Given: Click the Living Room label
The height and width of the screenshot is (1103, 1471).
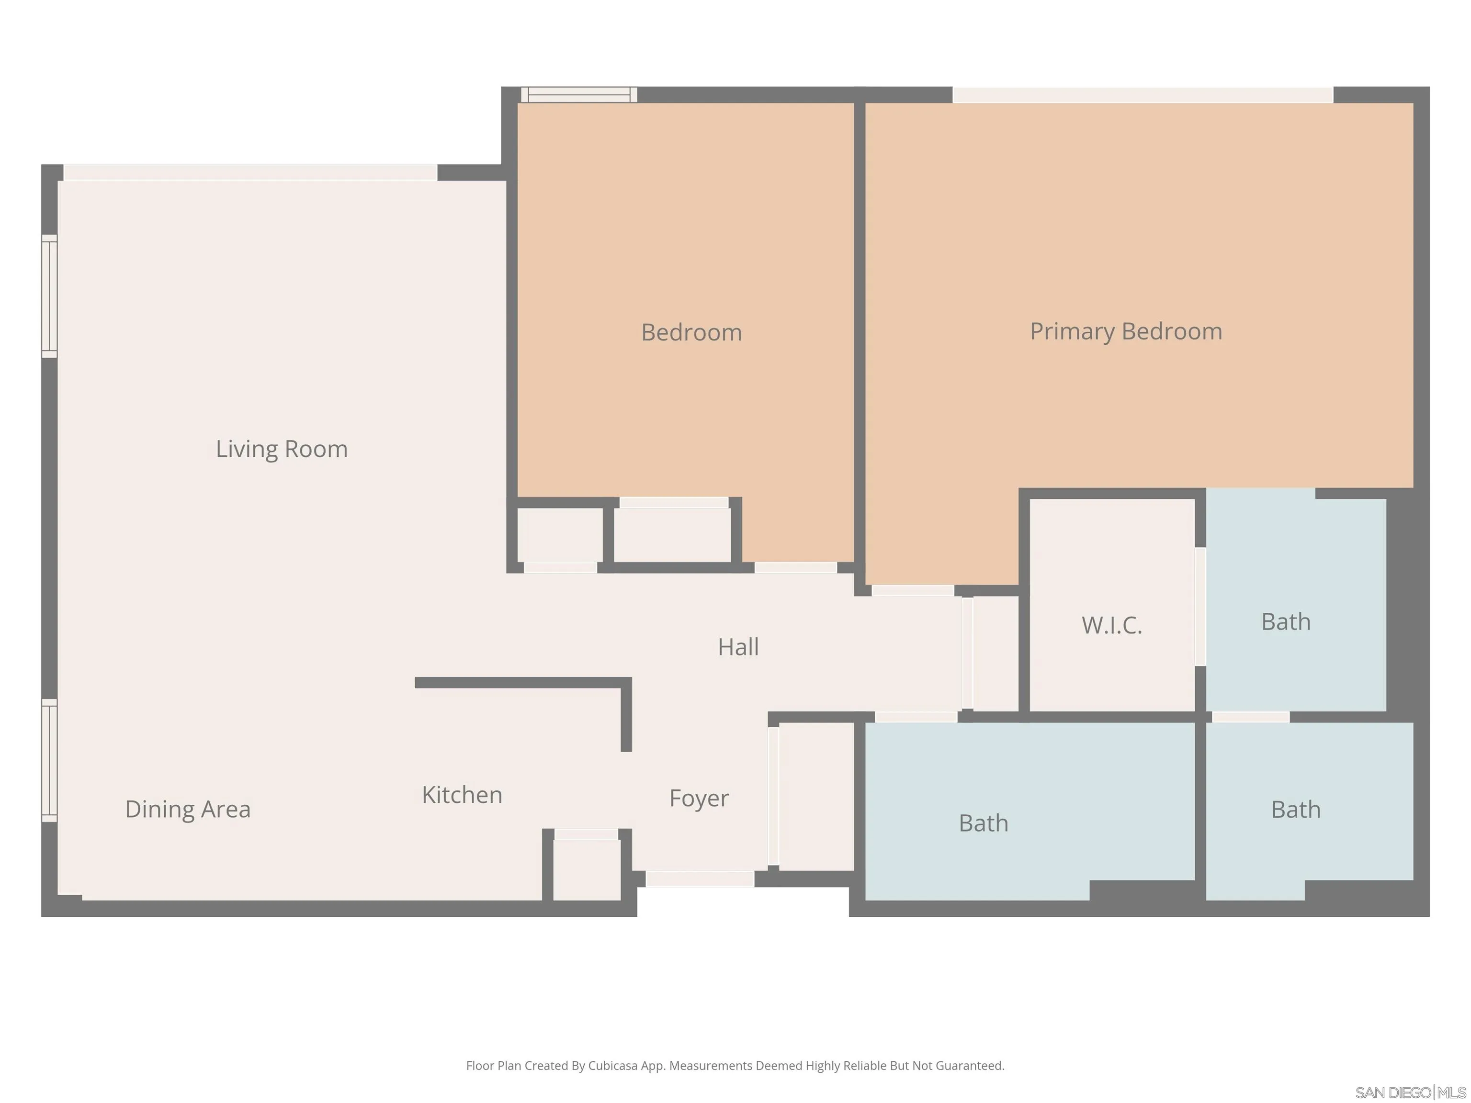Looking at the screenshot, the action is [x=281, y=450].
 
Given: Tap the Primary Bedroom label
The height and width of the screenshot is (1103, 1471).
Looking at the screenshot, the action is [x=1126, y=332].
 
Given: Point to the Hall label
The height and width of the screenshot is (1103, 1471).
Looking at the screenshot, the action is [x=738, y=647].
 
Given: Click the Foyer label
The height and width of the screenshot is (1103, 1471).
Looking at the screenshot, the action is [x=699, y=799].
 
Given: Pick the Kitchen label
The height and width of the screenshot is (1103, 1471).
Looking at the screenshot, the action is [x=462, y=795].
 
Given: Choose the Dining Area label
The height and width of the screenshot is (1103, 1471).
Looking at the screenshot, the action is [x=188, y=809].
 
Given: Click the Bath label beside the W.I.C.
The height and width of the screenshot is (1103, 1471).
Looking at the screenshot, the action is [x=1286, y=622].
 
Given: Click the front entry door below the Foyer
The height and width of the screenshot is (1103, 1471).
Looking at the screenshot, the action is [x=700, y=879].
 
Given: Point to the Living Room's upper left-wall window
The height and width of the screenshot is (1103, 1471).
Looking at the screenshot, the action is [x=50, y=296].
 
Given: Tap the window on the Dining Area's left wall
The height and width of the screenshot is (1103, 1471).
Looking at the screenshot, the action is [x=50, y=760].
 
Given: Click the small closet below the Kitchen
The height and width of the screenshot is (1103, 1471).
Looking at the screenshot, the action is [x=587, y=869].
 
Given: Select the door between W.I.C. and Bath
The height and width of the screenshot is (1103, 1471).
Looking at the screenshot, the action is [x=1200, y=607].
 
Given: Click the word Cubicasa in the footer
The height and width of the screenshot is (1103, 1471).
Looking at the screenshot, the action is [x=613, y=1066].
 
